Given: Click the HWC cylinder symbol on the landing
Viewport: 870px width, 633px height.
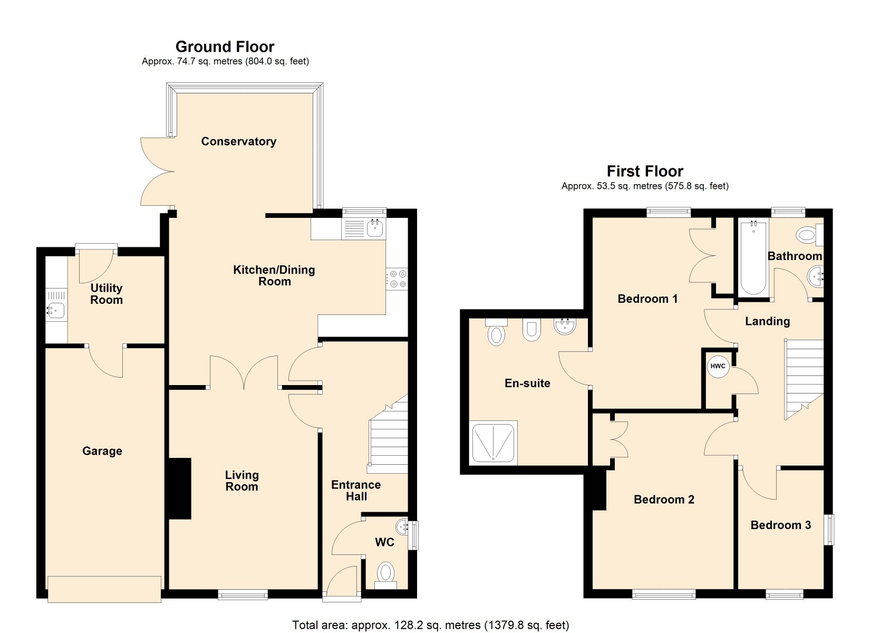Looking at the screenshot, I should [718, 367].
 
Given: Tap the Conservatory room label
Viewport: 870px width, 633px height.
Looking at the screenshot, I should [238, 141].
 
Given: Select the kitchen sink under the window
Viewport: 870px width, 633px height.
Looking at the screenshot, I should [375, 228].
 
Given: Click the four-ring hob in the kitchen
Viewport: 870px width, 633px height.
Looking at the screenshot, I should [397, 279].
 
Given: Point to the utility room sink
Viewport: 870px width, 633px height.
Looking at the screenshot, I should [56, 311].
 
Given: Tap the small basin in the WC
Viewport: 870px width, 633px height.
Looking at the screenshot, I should [402, 526].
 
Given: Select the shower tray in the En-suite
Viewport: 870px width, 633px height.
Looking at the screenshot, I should [493, 443].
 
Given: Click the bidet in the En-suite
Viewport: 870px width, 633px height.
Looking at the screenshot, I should [531, 331].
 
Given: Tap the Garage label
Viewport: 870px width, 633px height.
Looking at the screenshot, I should [102, 451].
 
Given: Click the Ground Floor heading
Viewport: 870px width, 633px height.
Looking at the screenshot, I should [225, 47].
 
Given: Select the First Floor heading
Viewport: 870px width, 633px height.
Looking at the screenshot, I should [645, 171].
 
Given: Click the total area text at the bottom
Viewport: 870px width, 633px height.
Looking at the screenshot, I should [431, 625].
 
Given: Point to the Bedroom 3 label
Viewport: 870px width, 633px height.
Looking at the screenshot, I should [780, 525].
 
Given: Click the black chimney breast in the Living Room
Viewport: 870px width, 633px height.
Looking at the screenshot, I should [179, 488].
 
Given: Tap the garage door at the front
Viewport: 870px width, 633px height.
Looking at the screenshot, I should [104, 589].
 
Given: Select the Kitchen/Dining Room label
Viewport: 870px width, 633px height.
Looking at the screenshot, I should [274, 275].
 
